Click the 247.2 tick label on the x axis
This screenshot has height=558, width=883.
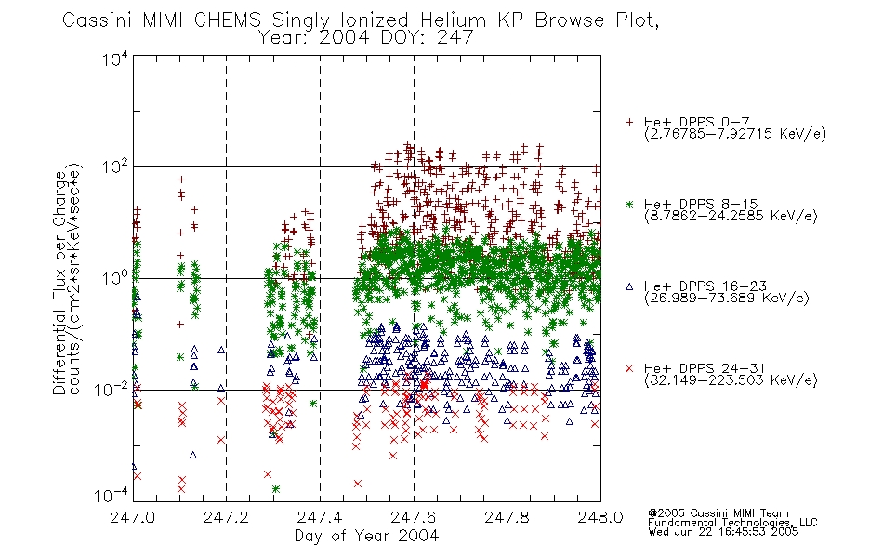tap(226, 517)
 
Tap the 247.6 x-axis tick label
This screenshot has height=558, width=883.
tap(414, 517)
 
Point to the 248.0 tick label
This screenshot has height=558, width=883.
tap(600, 517)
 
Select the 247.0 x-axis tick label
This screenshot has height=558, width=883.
tap(132, 517)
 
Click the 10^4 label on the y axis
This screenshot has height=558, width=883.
tap(115, 59)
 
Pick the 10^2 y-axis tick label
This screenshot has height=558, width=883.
tap(115, 167)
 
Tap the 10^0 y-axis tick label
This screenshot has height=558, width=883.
tap(115, 278)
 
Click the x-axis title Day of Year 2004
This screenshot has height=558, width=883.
tap(366, 536)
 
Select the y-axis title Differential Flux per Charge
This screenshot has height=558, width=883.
tap(59, 283)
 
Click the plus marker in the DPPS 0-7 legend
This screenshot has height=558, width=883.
tap(629, 122)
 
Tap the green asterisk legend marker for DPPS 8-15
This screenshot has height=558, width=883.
tap(629, 205)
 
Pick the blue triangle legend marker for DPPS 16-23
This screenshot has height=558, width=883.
tap(629, 286)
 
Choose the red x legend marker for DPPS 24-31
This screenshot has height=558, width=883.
tap(629, 368)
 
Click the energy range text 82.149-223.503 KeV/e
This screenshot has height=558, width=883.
tap(731, 380)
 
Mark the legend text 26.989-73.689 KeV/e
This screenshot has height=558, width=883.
tap(727, 299)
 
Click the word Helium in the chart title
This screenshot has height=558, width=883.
tap(454, 20)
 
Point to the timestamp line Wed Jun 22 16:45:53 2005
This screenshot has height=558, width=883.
tap(723, 532)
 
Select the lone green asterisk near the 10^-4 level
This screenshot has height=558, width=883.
tap(275, 489)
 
